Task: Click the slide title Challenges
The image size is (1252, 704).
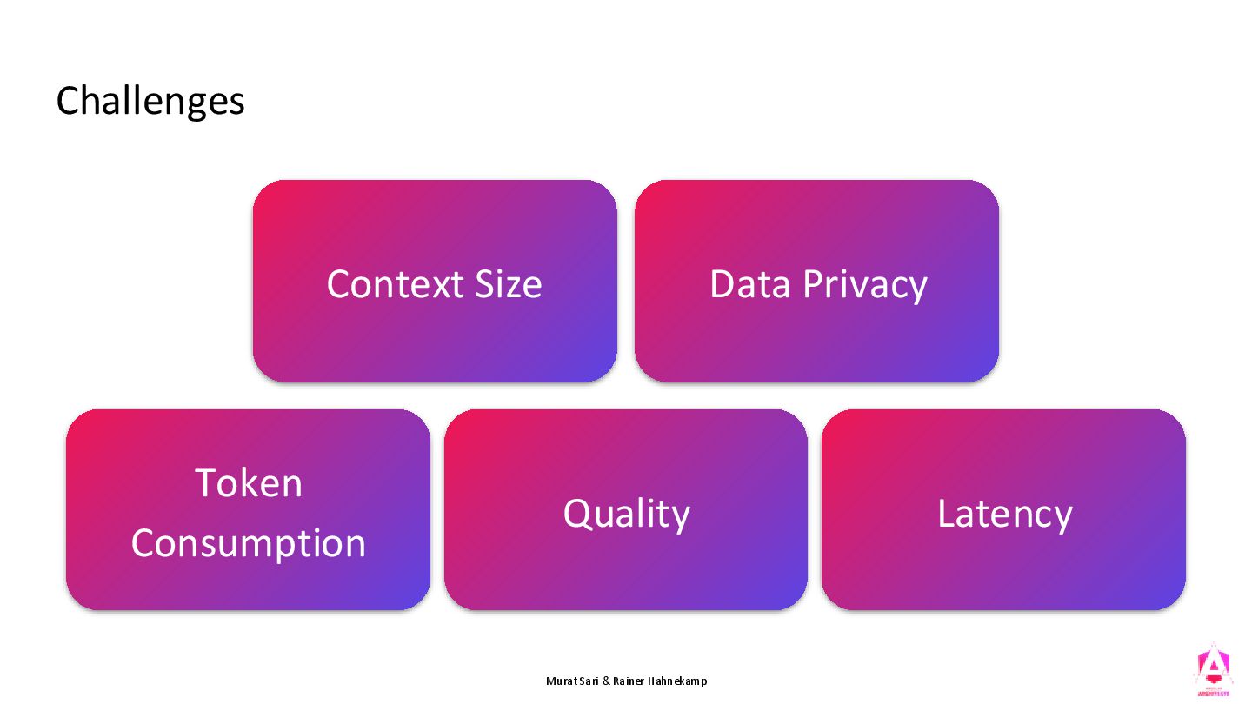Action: pyautogui.click(x=150, y=102)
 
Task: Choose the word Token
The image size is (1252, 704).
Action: pyautogui.click(x=249, y=483)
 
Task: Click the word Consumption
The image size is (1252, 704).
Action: pyautogui.click(x=249, y=544)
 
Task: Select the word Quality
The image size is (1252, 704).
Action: pyautogui.click(x=626, y=515)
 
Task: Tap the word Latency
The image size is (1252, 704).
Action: pyautogui.click(x=1004, y=515)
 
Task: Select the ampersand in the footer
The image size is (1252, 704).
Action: pyautogui.click(x=606, y=681)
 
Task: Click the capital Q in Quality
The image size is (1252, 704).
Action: pyautogui.click(x=577, y=513)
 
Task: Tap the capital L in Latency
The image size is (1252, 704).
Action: pyautogui.click(x=945, y=513)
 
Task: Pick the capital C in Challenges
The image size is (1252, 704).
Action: pyautogui.click(x=69, y=102)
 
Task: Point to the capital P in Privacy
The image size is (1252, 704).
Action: pyautogui.click(x=813, y=284)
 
